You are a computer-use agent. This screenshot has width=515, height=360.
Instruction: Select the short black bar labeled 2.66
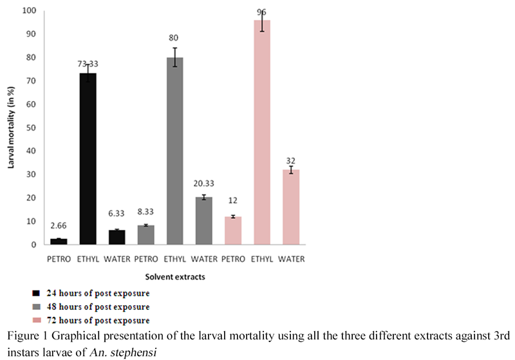click(x=59, y=242)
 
